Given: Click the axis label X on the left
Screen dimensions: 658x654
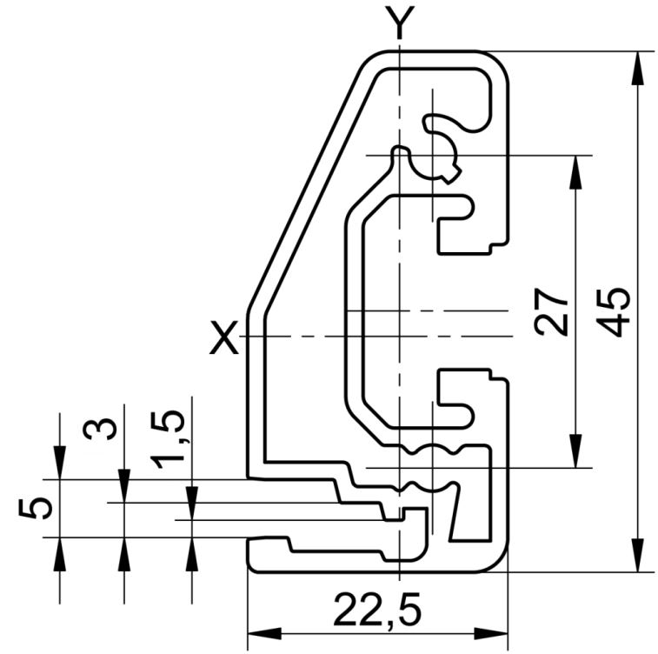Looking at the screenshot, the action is pos(223,337).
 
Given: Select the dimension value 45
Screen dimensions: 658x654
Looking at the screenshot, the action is pos(613,312).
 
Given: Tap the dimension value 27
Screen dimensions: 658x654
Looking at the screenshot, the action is pos(551,312).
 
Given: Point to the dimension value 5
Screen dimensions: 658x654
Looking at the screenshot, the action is pos(36,509).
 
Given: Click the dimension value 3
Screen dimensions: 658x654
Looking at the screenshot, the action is pos(100,429).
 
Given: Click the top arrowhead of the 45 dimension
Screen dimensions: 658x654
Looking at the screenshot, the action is pos(637,68).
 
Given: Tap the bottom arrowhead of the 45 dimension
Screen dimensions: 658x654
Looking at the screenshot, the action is pos(637,555).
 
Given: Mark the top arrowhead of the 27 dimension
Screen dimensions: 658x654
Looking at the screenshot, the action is pos(576,172).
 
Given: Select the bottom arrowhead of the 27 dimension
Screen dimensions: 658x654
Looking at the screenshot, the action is pos(576,451).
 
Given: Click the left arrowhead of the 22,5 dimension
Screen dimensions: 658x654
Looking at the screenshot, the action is pos(264,633).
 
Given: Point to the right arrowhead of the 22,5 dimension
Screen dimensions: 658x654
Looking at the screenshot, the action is pos(491,633).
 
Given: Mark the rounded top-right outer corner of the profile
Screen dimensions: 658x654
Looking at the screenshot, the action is pos(500,60).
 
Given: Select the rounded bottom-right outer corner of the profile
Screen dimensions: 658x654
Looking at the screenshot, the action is pos(499,563).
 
